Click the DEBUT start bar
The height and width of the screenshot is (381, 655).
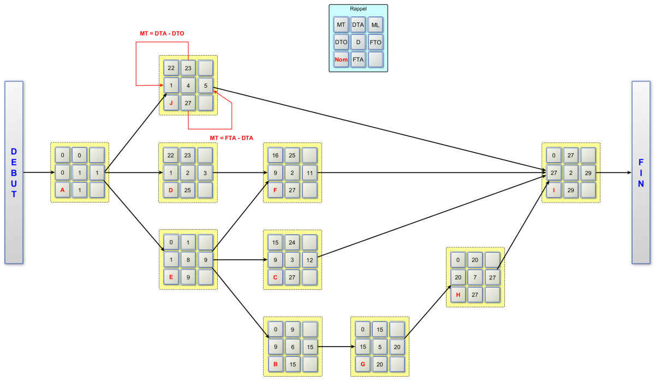click(x=14, y=172)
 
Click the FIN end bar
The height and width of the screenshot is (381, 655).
click(x=641, y=172)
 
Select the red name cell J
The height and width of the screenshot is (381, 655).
click(x=171, y=103)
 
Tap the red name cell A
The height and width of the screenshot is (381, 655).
click(x=63, y=190)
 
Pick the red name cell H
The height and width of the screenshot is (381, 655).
click(x=458, y=295)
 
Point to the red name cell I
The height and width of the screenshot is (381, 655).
click(x=554, y=190)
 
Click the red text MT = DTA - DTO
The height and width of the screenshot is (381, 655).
click(x=162, y=33)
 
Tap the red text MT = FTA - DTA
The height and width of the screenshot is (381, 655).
click(x=231, y=138)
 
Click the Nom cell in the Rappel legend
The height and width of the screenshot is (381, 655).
click(x=341, y=59)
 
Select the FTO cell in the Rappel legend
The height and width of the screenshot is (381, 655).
click(x=375, y=42)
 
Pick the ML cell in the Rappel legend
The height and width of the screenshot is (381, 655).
click(x=375, y=25)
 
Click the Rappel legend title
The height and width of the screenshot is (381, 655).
click(x=358, y=9)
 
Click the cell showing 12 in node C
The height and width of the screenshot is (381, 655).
click(x=309, y=260)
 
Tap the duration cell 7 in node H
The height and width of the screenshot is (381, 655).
click(x=475, y=277)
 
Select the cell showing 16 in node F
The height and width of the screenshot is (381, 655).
click(x=276, y=156)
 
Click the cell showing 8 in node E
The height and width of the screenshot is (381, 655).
click(x=188, y=260)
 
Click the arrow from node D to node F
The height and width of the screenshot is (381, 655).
click(x=240, y=172)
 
